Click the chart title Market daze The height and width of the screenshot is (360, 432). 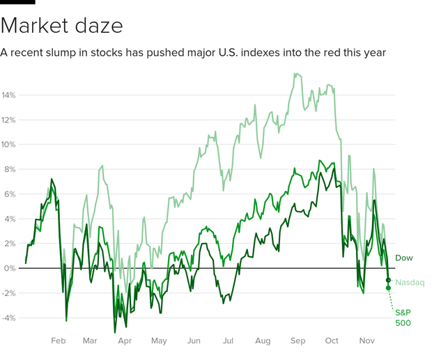(62, 26)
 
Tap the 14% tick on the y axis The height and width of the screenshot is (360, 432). (8, 95)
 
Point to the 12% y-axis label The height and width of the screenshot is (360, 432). (8, 120)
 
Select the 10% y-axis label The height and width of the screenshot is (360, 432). (8, 145)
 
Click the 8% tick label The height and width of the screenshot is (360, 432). (10, 169)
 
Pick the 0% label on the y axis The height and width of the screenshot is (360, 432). (10, 268)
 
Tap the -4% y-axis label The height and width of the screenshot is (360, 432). (8, 318)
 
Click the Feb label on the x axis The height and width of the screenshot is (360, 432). (58, 341)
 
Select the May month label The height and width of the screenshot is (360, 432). (160, 341)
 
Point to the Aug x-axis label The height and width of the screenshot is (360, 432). (263, 341)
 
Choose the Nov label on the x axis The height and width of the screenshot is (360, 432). (367, 341)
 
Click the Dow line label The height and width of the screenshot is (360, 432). (404, 258)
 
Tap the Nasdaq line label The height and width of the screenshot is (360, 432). (410, 282)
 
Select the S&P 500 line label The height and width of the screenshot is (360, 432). (404, 318)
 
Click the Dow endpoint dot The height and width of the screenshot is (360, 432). (388, 280)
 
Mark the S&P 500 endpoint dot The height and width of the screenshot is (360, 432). (388, 288)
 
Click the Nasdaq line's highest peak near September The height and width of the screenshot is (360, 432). (296, 73)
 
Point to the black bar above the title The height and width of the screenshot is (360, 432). (17, 2)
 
